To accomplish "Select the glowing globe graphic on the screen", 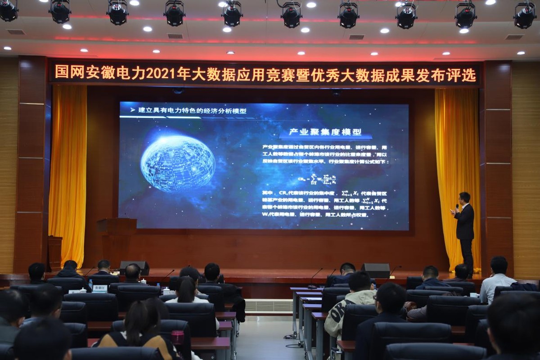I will coord(178,163).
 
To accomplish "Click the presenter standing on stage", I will coord(464,229).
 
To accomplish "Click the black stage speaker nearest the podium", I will coord(134,267).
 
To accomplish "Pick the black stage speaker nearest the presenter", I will coord(375,270).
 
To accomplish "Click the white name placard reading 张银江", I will coord(100,288).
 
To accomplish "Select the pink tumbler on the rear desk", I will coord(178,337).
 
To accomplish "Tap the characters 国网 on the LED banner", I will coord(68,72).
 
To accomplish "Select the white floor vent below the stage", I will coord(269,305).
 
